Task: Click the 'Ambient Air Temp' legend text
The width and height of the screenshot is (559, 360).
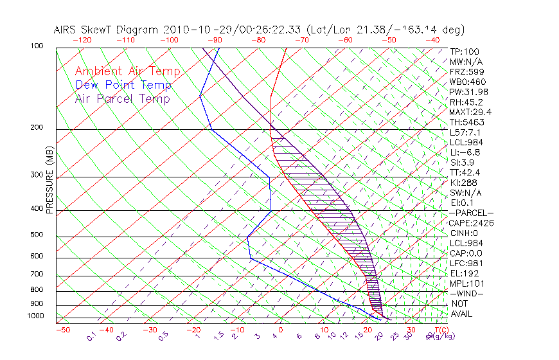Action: (x=127, y=71)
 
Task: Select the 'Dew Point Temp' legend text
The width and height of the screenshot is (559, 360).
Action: (x=123, y=85)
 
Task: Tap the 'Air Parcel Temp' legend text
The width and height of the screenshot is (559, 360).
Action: (x=122, y=98)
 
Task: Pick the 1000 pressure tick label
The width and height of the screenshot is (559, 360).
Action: (x=36, y=316)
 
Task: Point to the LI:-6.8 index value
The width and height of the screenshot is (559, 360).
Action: (x=465, y=152)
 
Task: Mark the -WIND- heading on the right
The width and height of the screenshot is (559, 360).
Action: (x=466, y=293)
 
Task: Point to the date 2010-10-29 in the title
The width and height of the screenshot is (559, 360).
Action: (x=193, y=30)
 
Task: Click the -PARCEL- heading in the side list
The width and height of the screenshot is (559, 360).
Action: (x=471, y=213)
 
